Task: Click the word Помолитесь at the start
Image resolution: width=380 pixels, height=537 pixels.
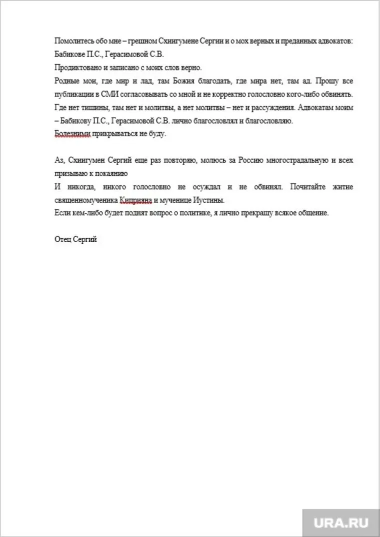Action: [x=72, y=41]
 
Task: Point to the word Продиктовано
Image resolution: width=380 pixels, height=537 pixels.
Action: [x=76, y=67]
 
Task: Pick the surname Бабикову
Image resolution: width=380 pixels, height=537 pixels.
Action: [x=78, y=120]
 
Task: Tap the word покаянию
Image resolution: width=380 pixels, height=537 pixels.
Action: [x=111, y=173]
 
